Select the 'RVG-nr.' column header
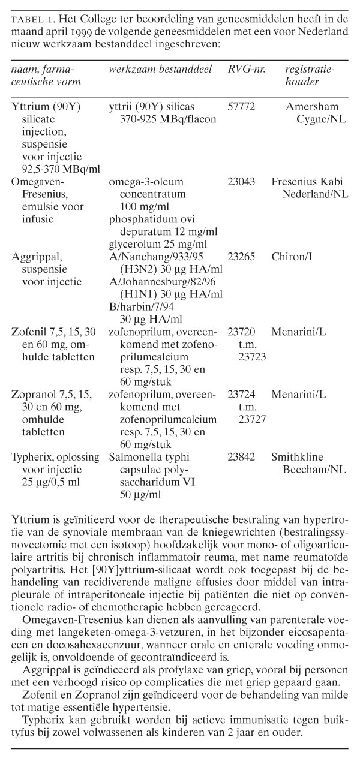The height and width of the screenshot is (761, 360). point(246,70)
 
